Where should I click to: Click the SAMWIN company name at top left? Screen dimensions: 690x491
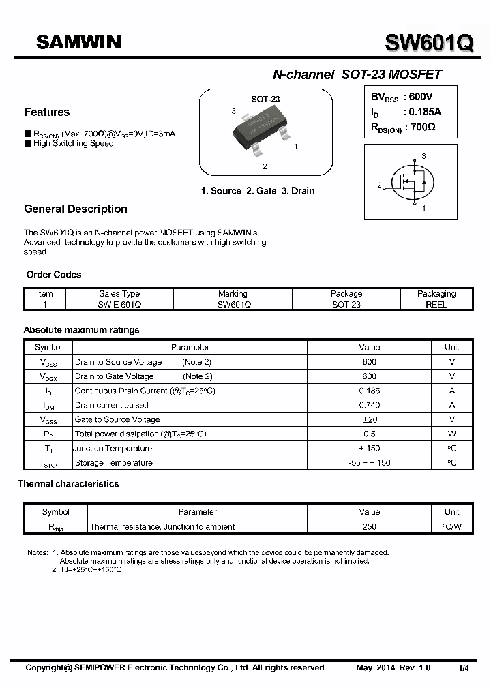tap(78, 42)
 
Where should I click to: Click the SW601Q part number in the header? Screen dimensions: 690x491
tap(429, 44)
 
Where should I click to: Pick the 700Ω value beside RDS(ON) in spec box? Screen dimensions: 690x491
tap(420, 127)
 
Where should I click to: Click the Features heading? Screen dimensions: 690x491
tap(46, 112)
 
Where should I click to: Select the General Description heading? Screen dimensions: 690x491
tap(76, 209)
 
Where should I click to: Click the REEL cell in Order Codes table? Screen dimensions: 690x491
tap(436, 305)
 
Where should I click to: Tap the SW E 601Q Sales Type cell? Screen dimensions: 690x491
tap(119, 305)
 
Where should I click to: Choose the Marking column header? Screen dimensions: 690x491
tap(233, 294)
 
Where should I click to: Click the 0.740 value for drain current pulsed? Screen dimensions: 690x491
tap(369, 405)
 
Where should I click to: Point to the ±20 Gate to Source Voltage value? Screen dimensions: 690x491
tap(369, 419)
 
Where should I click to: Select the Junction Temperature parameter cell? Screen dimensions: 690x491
tap(113, 449)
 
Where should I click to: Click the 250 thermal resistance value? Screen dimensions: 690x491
tap(369, 526)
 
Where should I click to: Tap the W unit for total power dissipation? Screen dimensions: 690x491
tap(451, 434)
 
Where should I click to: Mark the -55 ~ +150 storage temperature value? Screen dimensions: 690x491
tap(369, 463)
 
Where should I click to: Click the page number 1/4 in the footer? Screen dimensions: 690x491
tap(464, 668)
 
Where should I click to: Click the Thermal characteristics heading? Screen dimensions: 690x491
tap(68, 484)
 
